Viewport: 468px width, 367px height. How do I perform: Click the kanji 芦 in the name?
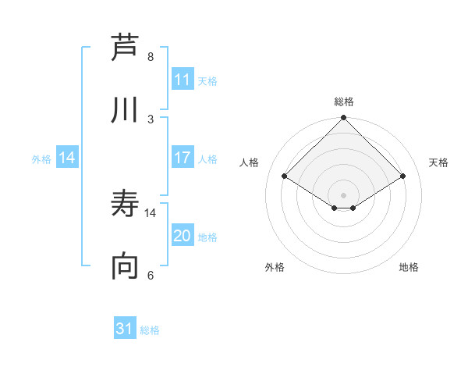(x=126, y=47)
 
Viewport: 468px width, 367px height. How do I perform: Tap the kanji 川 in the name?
(x=126, y=110)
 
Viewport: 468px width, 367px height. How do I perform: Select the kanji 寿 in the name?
(x=126, y=205)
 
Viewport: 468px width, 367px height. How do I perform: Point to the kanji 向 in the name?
(x=126, y=268)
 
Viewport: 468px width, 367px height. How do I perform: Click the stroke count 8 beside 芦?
(x=151, y=56)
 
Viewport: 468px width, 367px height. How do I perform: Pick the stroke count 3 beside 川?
(x=151, y=119)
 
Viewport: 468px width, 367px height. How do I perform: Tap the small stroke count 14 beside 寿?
(x=151, y=212)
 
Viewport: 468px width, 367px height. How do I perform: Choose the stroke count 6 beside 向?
(x=151, y=276)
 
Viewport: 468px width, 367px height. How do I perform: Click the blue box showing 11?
(x=183, y=80)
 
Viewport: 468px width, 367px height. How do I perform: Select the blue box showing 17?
(x=183, y=158)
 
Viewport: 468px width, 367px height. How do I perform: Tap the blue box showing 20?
(x=183, y=236)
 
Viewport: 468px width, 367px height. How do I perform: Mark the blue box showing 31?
(x=125, y=329)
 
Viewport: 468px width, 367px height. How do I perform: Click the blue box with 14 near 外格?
(x=67, y=158)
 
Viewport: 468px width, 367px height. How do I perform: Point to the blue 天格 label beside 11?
(x=207, y=80)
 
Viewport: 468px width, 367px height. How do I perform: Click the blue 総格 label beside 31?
(x=150, y=330)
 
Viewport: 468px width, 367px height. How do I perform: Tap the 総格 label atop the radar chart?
(x=344, y=102)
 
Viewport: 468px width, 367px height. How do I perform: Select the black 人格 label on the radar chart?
(x=250, y=162)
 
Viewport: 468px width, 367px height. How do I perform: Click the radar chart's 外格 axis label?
(x=275, y=267)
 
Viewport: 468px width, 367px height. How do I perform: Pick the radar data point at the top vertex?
(x=344, y=119)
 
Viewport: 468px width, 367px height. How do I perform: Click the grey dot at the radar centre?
(x=344, y=194)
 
